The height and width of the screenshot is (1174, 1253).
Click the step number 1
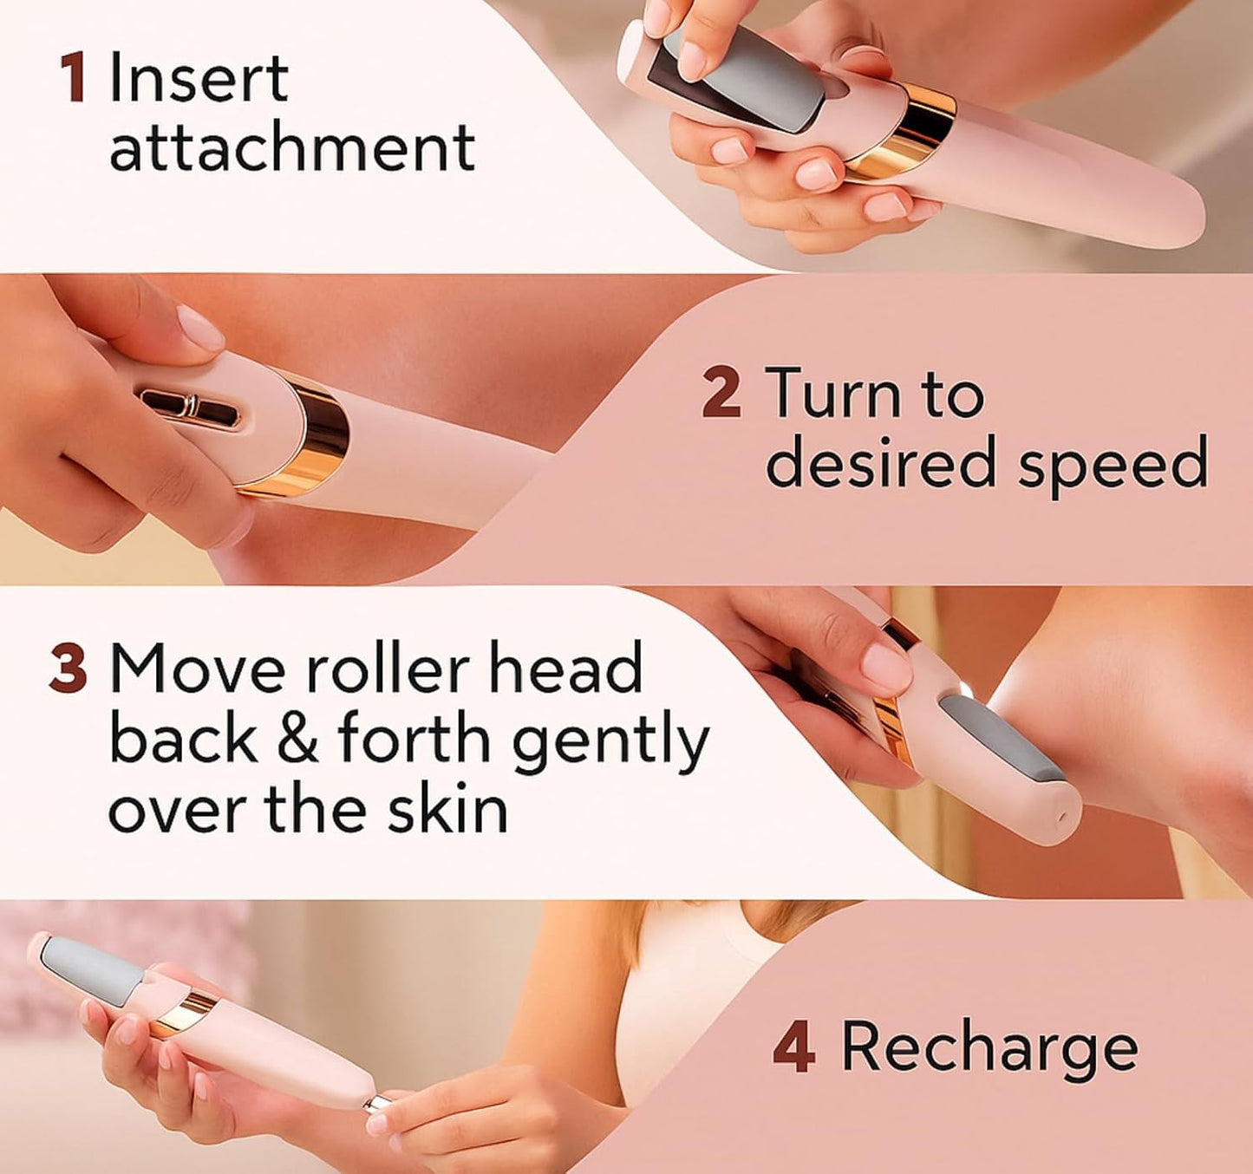[x=74, y=79]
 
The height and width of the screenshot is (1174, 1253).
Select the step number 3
[x=69, y=669]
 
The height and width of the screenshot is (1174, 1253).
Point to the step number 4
[x=793, y=1047]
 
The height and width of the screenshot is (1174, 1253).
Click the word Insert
[x=199, y=79]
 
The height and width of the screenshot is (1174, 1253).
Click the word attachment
[x=292, y=147]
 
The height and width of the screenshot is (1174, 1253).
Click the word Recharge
[x=989, y=1047]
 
